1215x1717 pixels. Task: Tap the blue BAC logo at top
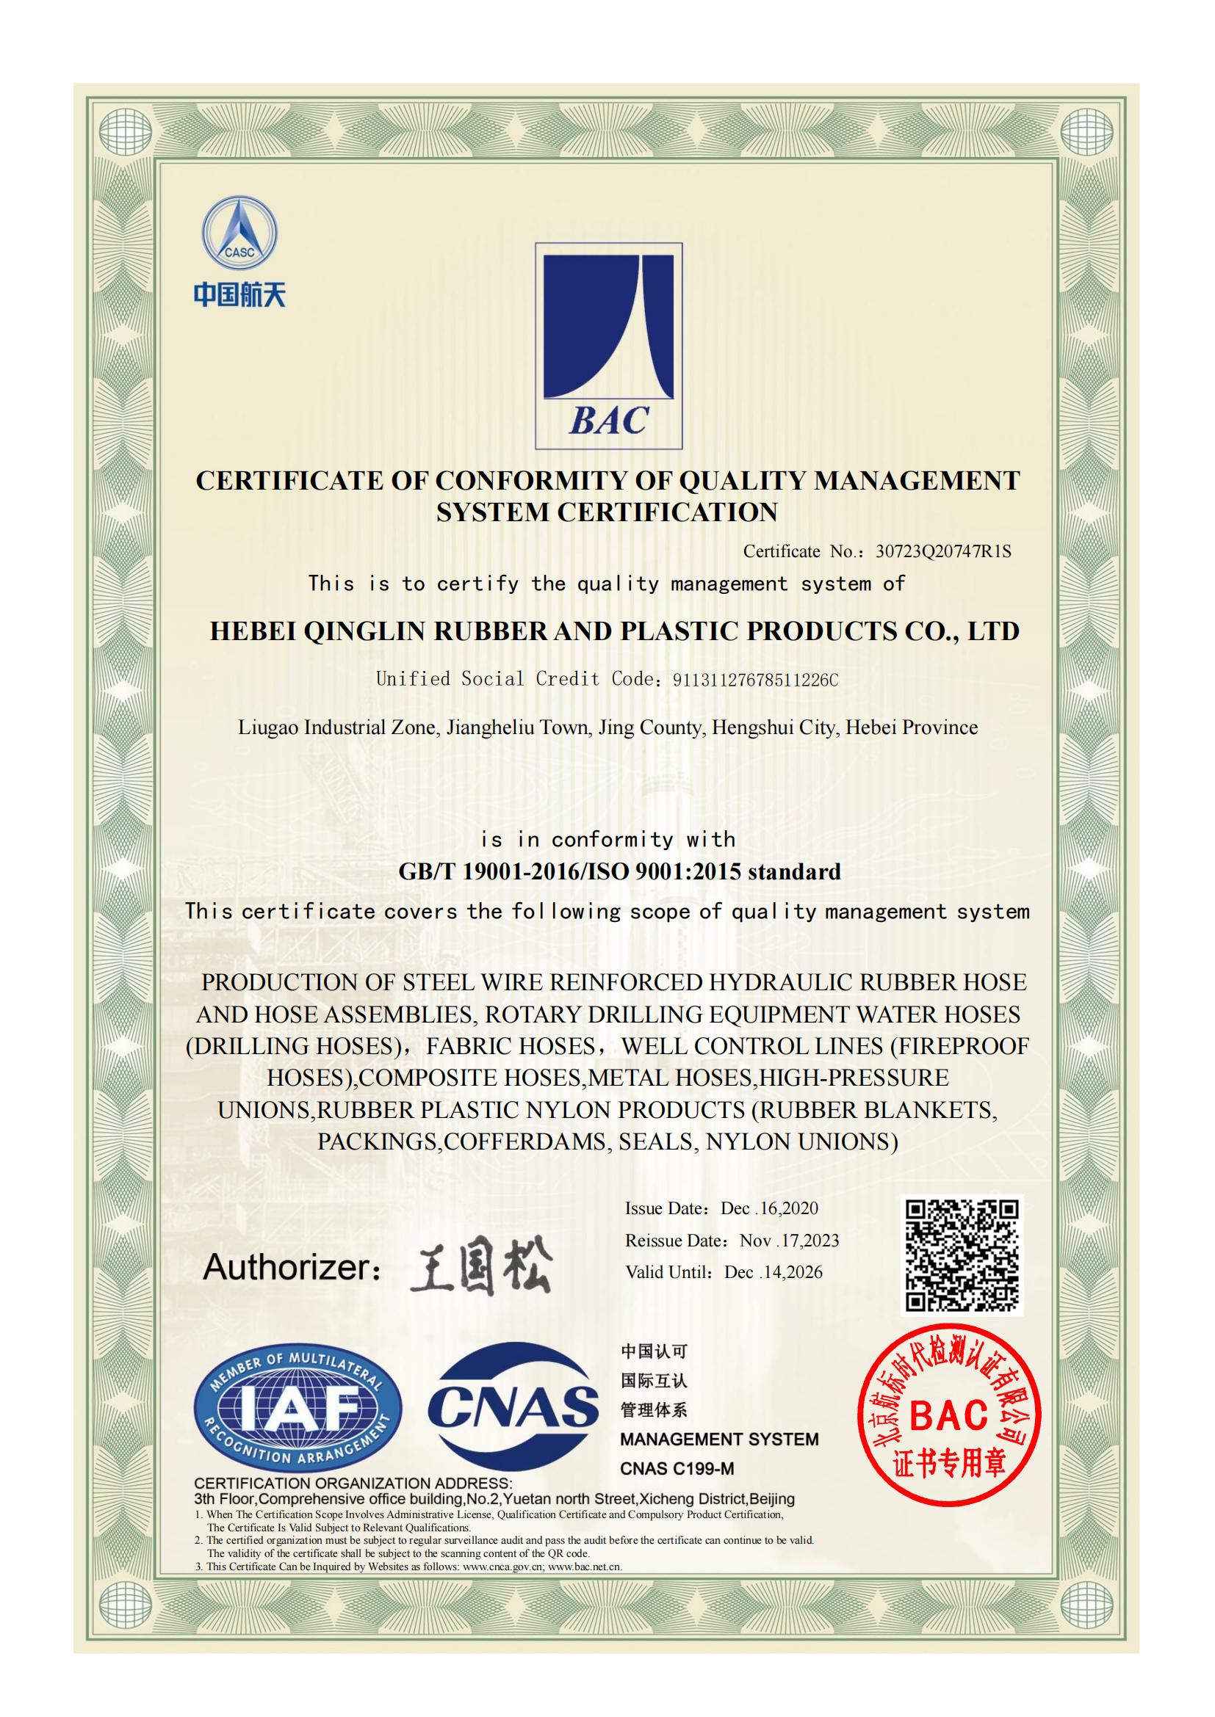tap(608, 346)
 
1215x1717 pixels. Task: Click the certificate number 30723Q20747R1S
tap(942, 552)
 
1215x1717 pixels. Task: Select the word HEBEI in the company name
tap(252, 631)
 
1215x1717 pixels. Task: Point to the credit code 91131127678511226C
tap(756, 680)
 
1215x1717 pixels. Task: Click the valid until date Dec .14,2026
tap(773, 1273)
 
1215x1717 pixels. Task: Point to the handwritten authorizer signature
tap(480, 1266)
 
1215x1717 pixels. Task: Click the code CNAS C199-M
tap(677, 1469)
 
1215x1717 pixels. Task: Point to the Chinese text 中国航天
tap(239, 294)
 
